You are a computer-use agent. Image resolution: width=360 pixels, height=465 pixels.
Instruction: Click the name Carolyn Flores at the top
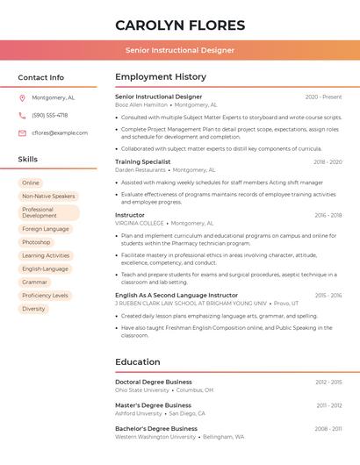(x=180, y=25)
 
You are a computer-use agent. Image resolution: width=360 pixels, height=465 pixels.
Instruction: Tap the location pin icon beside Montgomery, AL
(x=22, y=97)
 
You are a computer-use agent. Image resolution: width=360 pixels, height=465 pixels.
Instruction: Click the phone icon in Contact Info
(x=22, y=115)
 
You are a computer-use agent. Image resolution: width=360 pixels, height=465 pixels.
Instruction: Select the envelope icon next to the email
(x=22, y=132)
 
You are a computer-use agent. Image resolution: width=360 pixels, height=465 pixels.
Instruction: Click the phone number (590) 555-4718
(x=49, y=115)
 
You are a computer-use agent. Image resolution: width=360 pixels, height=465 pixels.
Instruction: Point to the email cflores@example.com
(x=60, y=132)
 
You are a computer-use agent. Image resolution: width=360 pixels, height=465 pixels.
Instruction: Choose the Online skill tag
(x=31, y=182)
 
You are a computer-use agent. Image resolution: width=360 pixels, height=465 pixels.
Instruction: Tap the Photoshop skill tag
(x=36, y=242)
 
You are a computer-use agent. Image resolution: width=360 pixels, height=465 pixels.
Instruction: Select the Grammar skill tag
(x=35, y=282)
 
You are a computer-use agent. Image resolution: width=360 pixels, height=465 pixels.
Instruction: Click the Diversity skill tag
(x=33, y=309)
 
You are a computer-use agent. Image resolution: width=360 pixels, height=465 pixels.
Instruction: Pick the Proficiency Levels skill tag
(x=45, y=296)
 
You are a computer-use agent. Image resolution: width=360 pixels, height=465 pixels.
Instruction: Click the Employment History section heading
(x=160, y=77)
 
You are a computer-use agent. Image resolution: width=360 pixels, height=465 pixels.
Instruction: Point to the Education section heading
(x=137, y=361)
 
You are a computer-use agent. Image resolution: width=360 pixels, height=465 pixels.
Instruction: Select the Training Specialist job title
(x=142, y=161)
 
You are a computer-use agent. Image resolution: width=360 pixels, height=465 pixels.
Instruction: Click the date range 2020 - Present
(x=323, y=97)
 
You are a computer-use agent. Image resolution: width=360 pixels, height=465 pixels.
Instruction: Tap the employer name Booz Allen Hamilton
(x=140, y=104)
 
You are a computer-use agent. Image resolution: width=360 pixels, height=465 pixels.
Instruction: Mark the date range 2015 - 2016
(x=328, y=296)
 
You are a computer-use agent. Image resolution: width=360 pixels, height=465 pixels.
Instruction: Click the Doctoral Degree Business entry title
(x=153, y=383)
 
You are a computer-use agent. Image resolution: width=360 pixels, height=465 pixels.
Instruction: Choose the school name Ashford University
(x=139, y=413)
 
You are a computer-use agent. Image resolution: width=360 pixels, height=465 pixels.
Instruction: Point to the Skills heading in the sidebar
(x=28, y=160)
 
